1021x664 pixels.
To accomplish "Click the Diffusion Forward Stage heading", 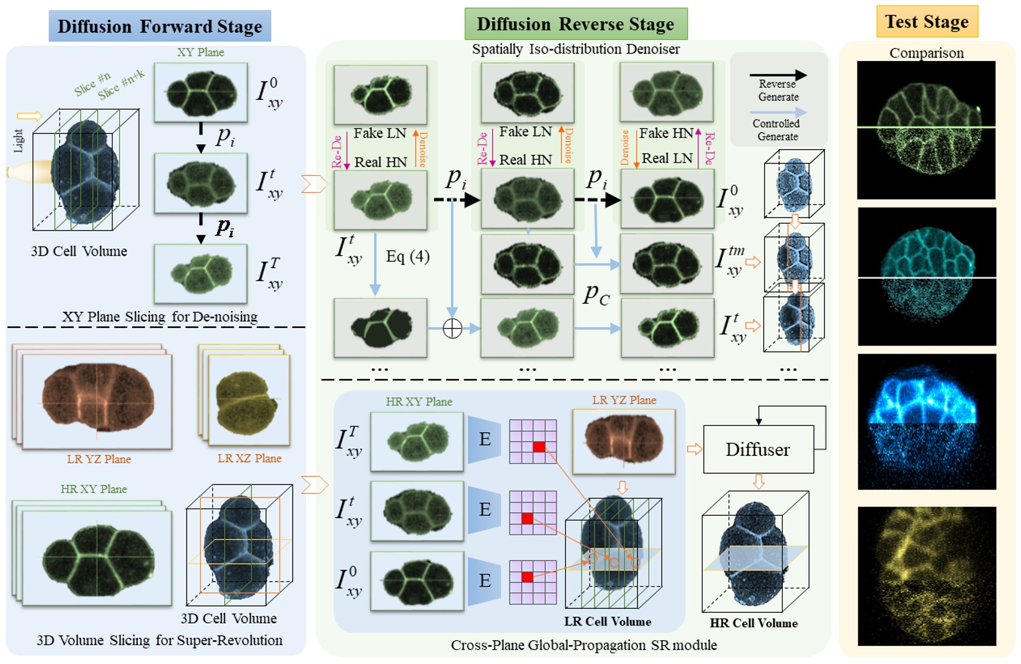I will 160,26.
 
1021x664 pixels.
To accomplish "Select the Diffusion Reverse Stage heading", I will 575,24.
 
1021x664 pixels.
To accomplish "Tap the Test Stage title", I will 927,22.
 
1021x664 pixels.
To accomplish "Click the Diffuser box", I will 758,450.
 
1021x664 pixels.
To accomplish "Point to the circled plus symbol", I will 452,329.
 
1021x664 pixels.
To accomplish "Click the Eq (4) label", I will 407,256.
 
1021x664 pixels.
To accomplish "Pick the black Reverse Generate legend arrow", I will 778,75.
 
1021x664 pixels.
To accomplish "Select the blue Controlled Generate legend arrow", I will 778,113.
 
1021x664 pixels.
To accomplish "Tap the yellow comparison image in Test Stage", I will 927,575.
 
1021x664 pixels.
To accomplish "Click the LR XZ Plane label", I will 249,458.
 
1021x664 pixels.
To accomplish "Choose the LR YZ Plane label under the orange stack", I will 99,460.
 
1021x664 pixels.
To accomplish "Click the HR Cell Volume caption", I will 753,623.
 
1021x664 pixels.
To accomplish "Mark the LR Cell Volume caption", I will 607,622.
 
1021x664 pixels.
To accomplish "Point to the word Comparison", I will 926,53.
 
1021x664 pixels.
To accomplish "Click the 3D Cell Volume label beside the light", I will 79,251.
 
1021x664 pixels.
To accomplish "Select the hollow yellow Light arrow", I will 29,115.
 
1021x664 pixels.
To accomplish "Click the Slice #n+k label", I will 121,85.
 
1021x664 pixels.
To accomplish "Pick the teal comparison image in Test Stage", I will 927,276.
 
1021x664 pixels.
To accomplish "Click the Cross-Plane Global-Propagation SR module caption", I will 584,645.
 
